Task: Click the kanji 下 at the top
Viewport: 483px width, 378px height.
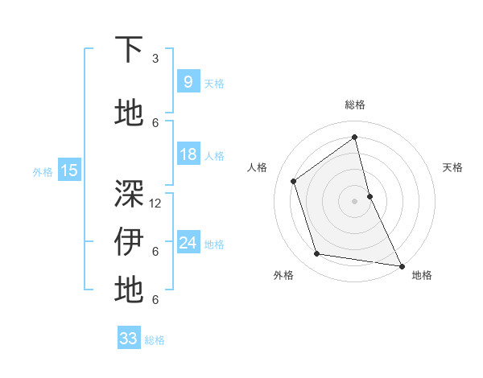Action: (x=129, y=50)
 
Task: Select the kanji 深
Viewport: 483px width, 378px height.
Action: (x=129, y=194)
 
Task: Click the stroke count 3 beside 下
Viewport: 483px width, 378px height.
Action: (x=155, y=58)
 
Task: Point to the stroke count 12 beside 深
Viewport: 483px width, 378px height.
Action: (x=155, y=203)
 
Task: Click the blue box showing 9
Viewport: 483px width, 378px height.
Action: (x=188, y=82)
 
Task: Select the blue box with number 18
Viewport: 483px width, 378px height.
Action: (x=188, y=154)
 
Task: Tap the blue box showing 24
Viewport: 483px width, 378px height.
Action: (x=188, y=243)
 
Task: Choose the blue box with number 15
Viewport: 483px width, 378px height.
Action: (x=68, y=170)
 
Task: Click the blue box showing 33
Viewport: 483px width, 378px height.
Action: (x=128, y=339)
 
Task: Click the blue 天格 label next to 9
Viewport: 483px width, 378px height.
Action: (x=214, y=83)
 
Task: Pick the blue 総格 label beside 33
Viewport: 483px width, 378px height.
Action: (x=155, y=340)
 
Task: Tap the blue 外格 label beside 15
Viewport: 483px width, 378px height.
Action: (x=43, y=171)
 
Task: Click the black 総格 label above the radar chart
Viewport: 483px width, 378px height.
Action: (x=355, y=105)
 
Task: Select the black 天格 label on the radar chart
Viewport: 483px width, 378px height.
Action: (x=453, y=167)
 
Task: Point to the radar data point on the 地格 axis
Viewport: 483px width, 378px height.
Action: (x=401, y=265)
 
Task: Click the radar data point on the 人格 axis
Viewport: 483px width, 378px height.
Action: (x=294, y=181)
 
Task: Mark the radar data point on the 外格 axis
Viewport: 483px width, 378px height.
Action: (x=317, y=254)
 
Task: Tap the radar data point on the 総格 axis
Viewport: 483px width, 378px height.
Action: (x=355, y=138)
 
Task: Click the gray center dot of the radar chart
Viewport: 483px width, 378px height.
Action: (x=355, y=200)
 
